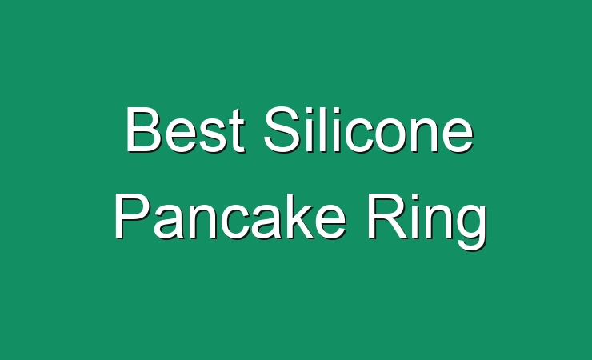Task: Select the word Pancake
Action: coord(230,216)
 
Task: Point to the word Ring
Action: coord(426,220)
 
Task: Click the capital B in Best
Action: coord(144,130)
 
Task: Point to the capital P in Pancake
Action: coord(132,216)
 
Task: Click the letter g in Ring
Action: coord(470,227)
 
